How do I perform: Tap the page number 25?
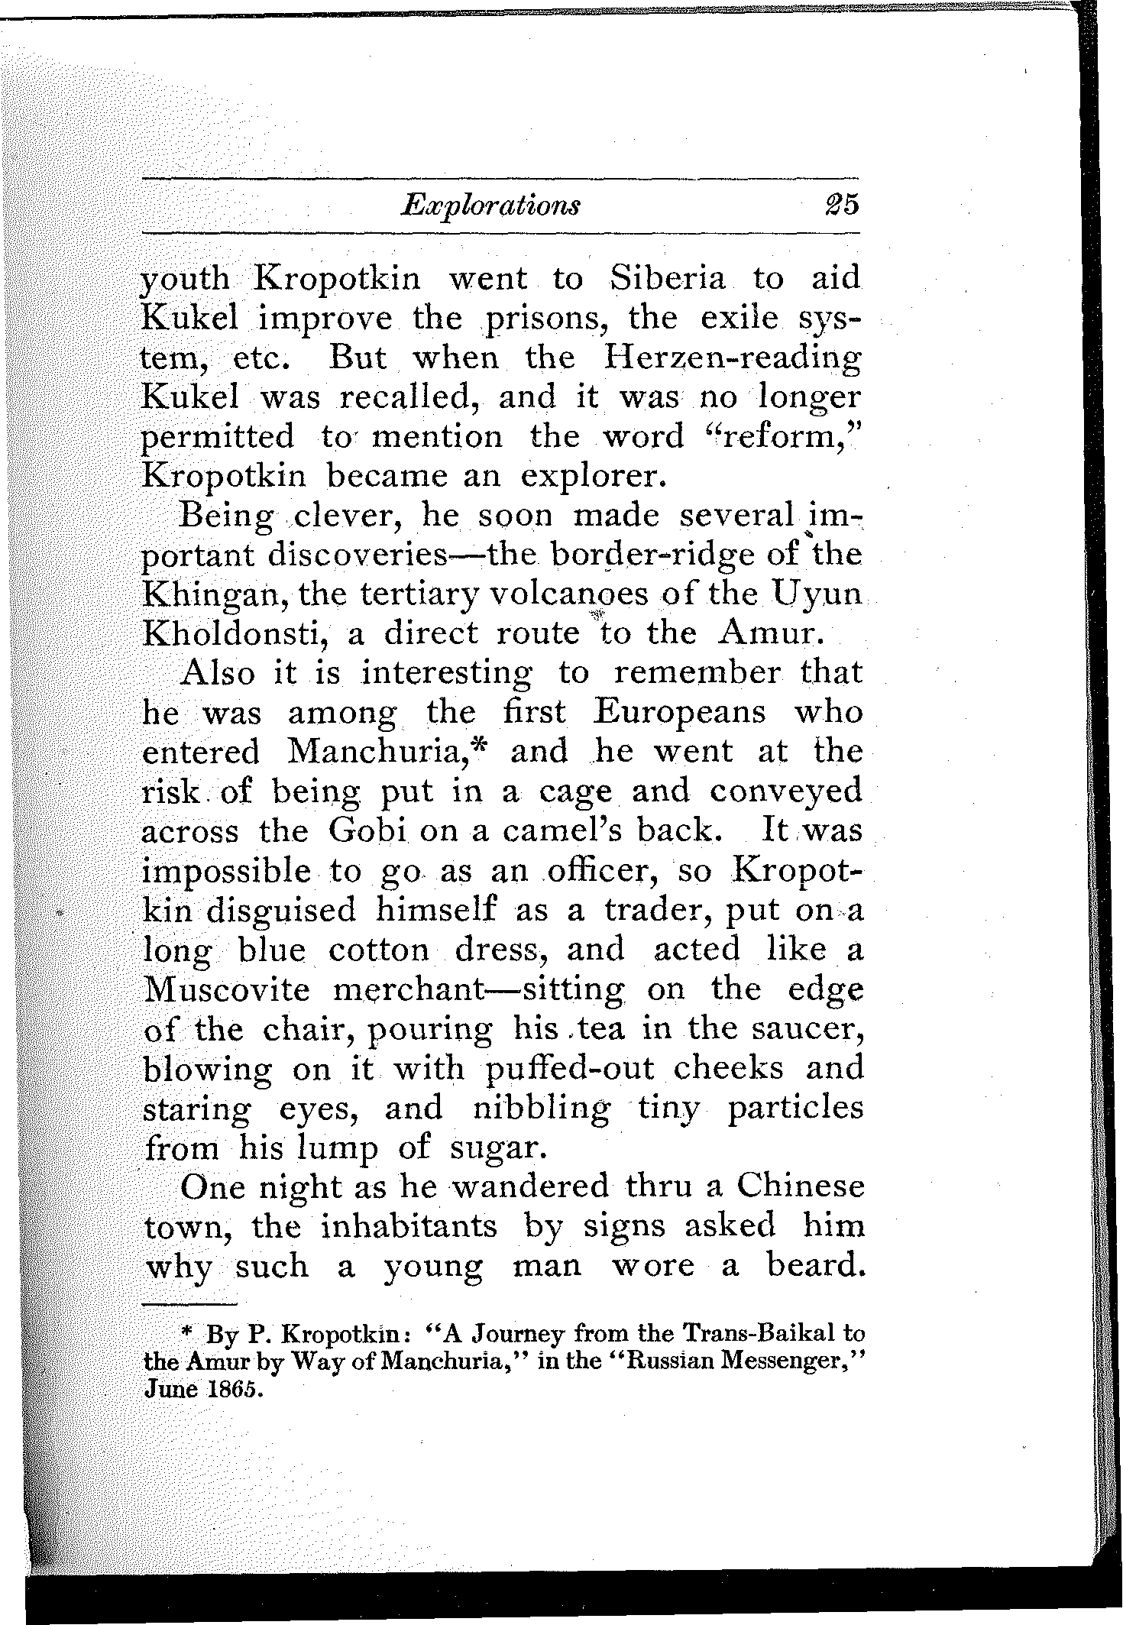(840, 206)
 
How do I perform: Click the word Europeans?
(679, 713)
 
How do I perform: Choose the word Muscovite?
(227, 990)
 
